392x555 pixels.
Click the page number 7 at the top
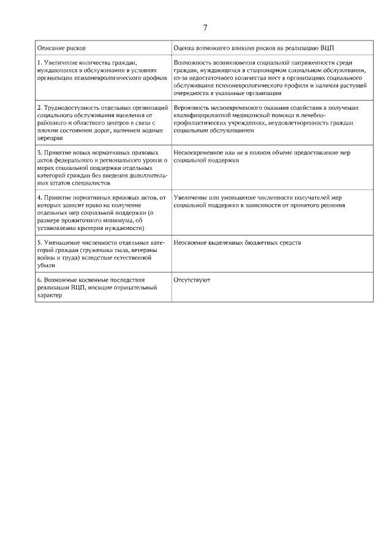tap(205, 28)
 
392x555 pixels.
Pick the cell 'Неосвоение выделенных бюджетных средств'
tap(237, 243)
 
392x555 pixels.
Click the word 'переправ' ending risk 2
tap(50, 138)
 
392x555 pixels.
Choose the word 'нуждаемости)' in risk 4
tap(126, 228)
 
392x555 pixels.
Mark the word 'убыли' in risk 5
tap(46, 266)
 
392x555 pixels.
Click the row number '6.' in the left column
tap(40, 280)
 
